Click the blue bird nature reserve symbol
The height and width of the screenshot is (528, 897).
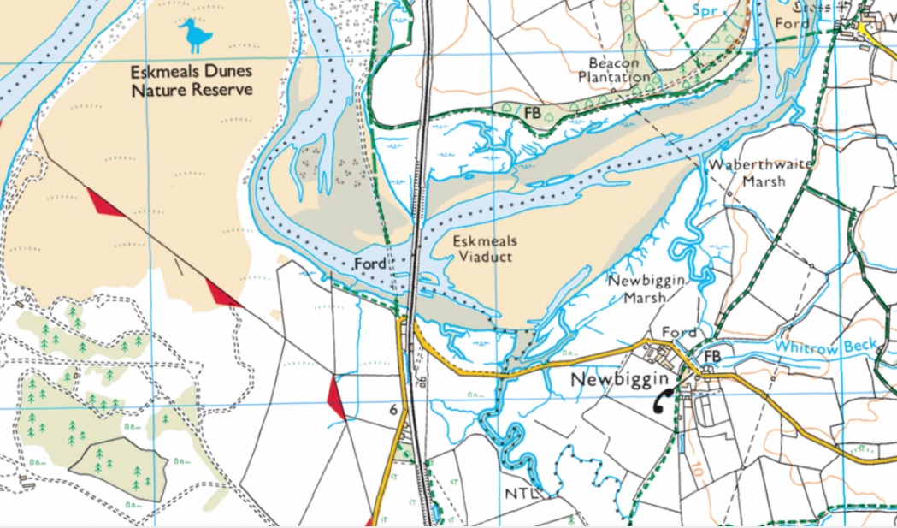coord(196,37)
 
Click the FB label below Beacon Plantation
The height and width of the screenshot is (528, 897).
coord(532,112)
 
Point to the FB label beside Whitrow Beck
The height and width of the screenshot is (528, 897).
coord(709,355)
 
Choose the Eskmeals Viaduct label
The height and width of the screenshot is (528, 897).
coord(484,248)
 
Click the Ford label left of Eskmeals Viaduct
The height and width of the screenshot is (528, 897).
coord(370,264)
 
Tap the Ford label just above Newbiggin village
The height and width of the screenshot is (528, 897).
coord(681,332)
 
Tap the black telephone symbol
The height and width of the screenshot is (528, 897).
coord(662,400)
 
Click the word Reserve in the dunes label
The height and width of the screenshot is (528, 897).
coord(224,90)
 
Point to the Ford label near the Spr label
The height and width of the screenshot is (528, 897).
coord(791,23)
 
